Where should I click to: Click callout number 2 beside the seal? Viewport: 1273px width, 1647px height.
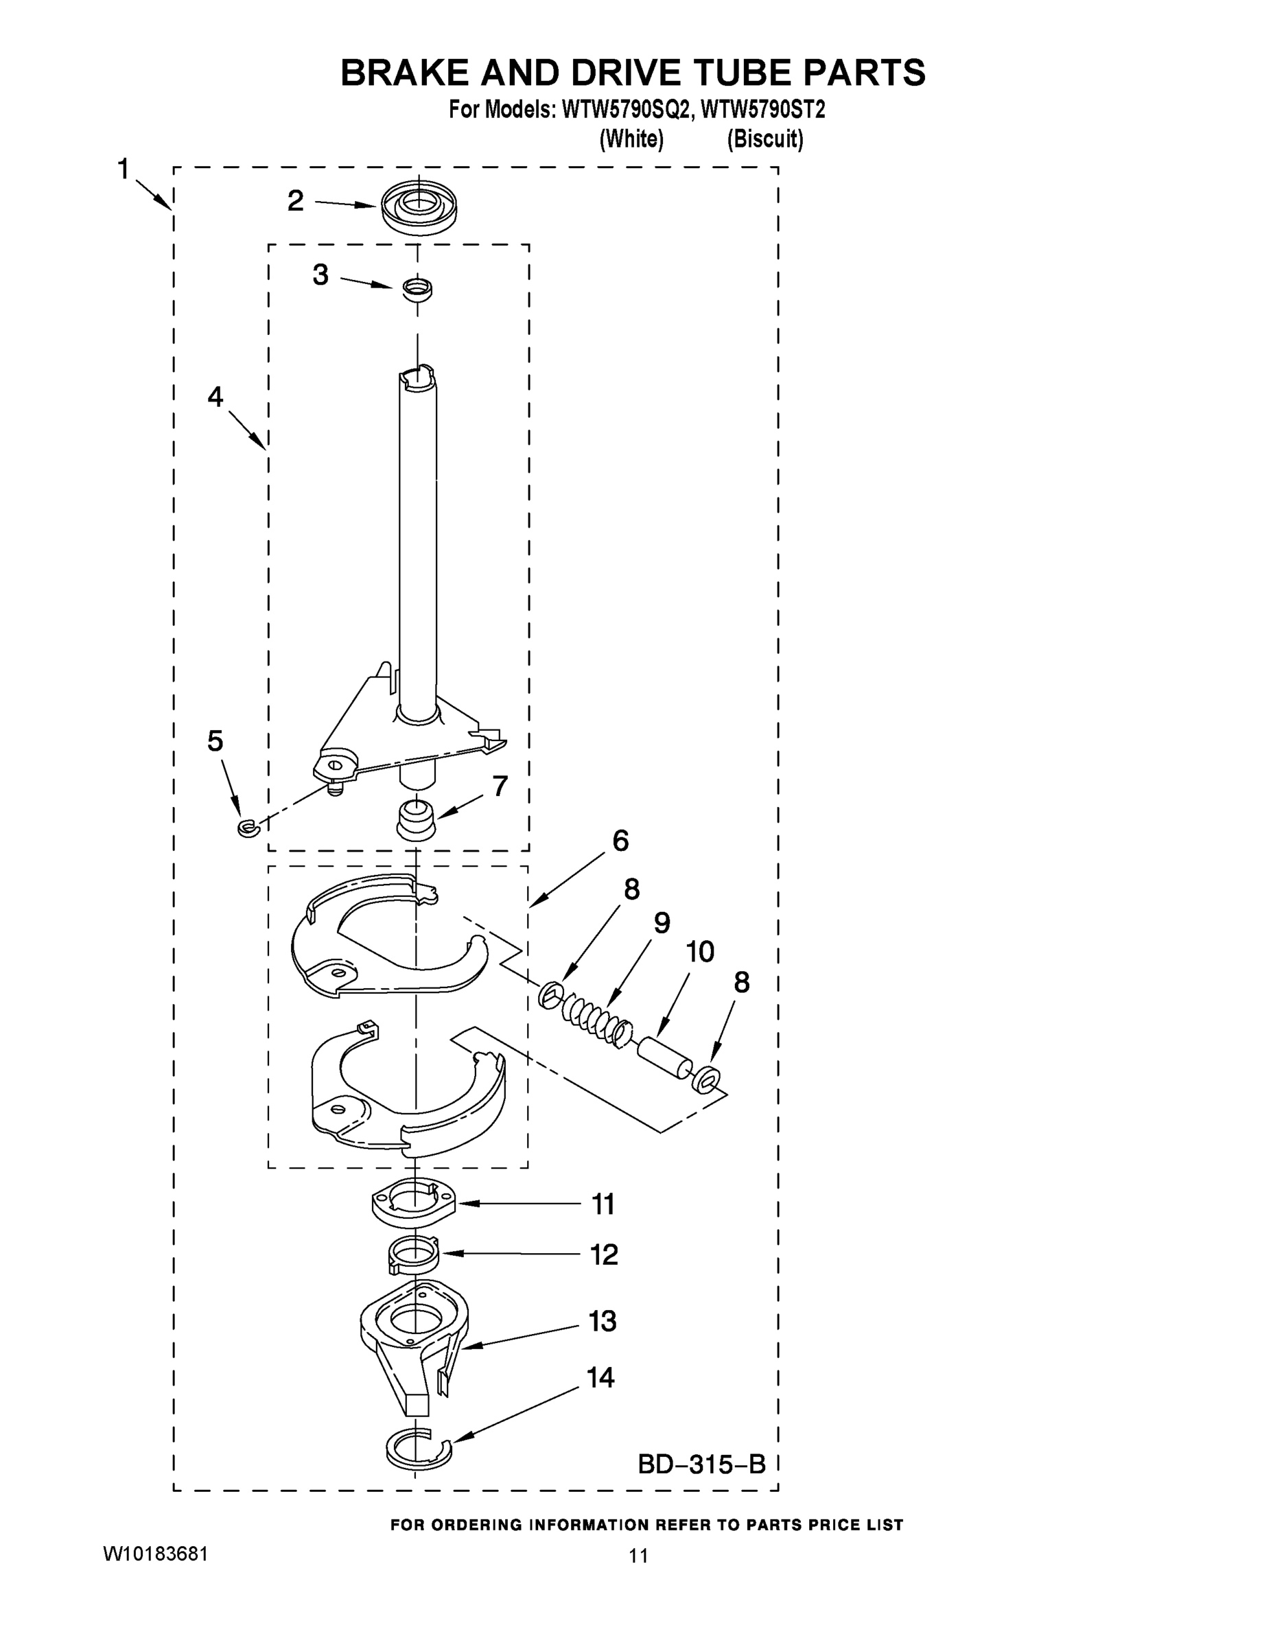coord(296,200)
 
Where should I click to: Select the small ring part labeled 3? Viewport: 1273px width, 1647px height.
coord(417,288)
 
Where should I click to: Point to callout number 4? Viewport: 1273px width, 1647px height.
coord(215,397)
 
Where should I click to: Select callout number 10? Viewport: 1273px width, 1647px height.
coord(700,952)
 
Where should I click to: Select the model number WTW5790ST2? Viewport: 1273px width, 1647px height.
coord(762,110)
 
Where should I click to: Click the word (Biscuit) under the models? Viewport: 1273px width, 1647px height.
coord(764,139)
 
